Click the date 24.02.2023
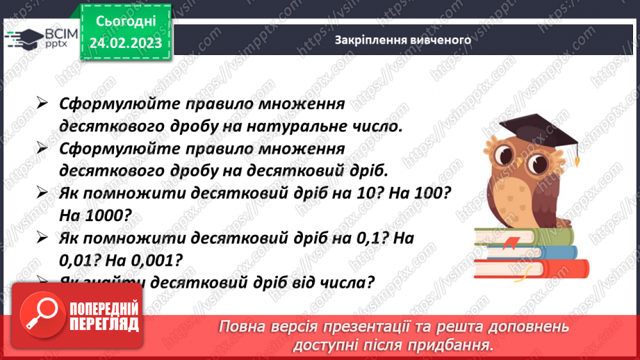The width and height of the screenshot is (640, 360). click(x=126, y=43)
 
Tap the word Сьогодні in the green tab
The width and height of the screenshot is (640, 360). click(x=126, y=22)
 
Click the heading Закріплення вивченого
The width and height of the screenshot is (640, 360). click(x=403, y=40)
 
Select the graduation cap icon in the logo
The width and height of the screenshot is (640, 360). click(x=28, y=37)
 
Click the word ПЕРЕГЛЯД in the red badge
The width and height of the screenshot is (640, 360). click(x=104, y=323)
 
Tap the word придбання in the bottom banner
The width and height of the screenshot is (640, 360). click(x=457, y=345)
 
